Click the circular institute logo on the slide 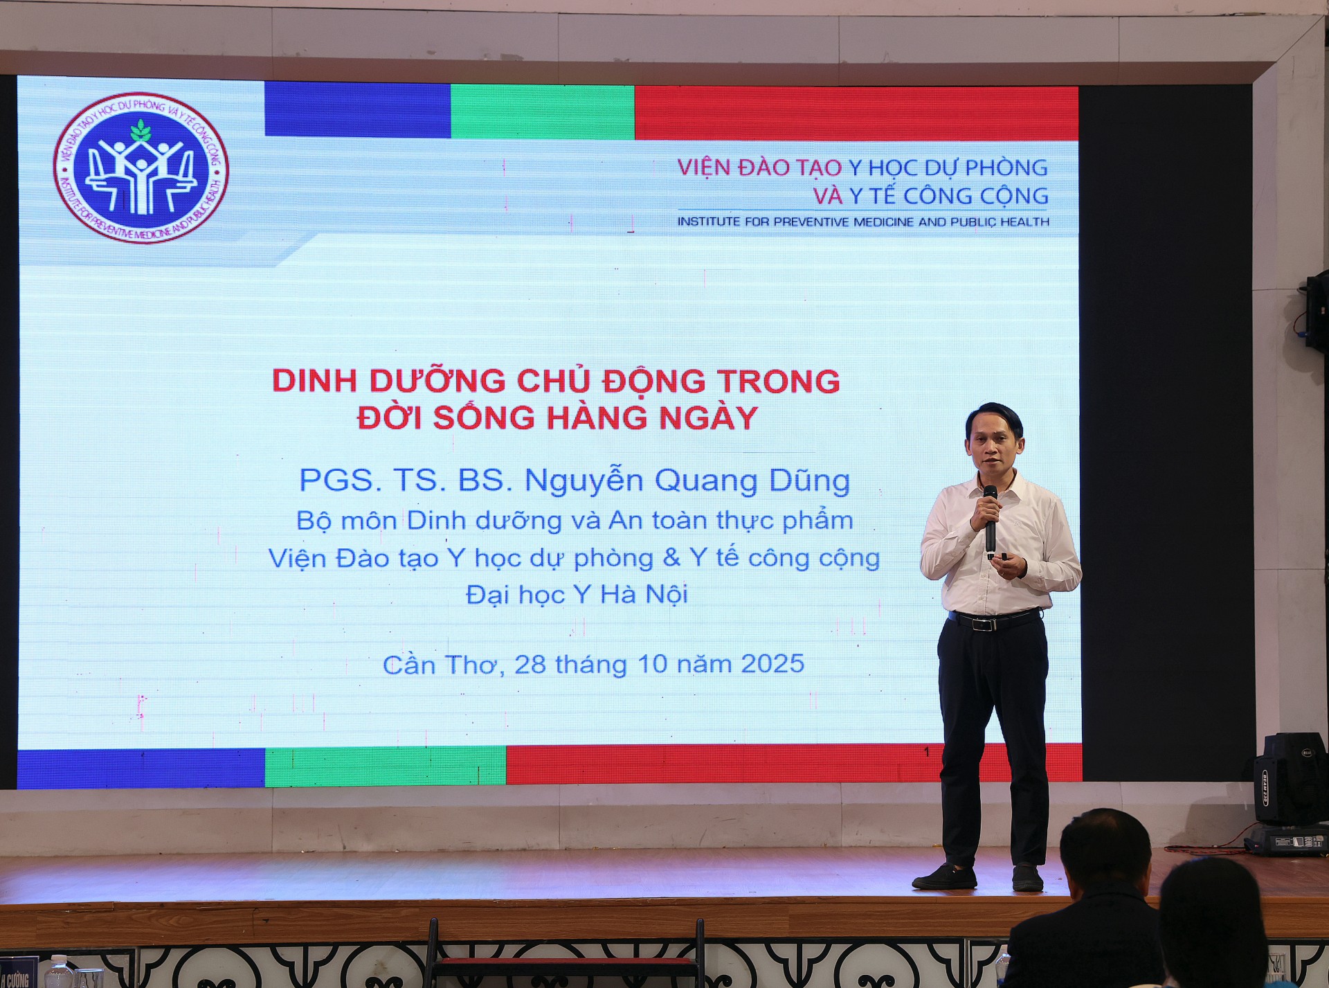pyautogui.click(x=141, y=168)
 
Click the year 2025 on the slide pyautogui.click(x=772, y=664)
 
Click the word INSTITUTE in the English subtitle pyautogui.click(x=709, y=222)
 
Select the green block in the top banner pyautogui.click(x=543, y=111)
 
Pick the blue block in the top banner pyautogui.click(x=357, y=109)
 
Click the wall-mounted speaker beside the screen pyautogui.click(x=1317, y=312)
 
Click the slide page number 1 pyautogui.click(x=928, y=752)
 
